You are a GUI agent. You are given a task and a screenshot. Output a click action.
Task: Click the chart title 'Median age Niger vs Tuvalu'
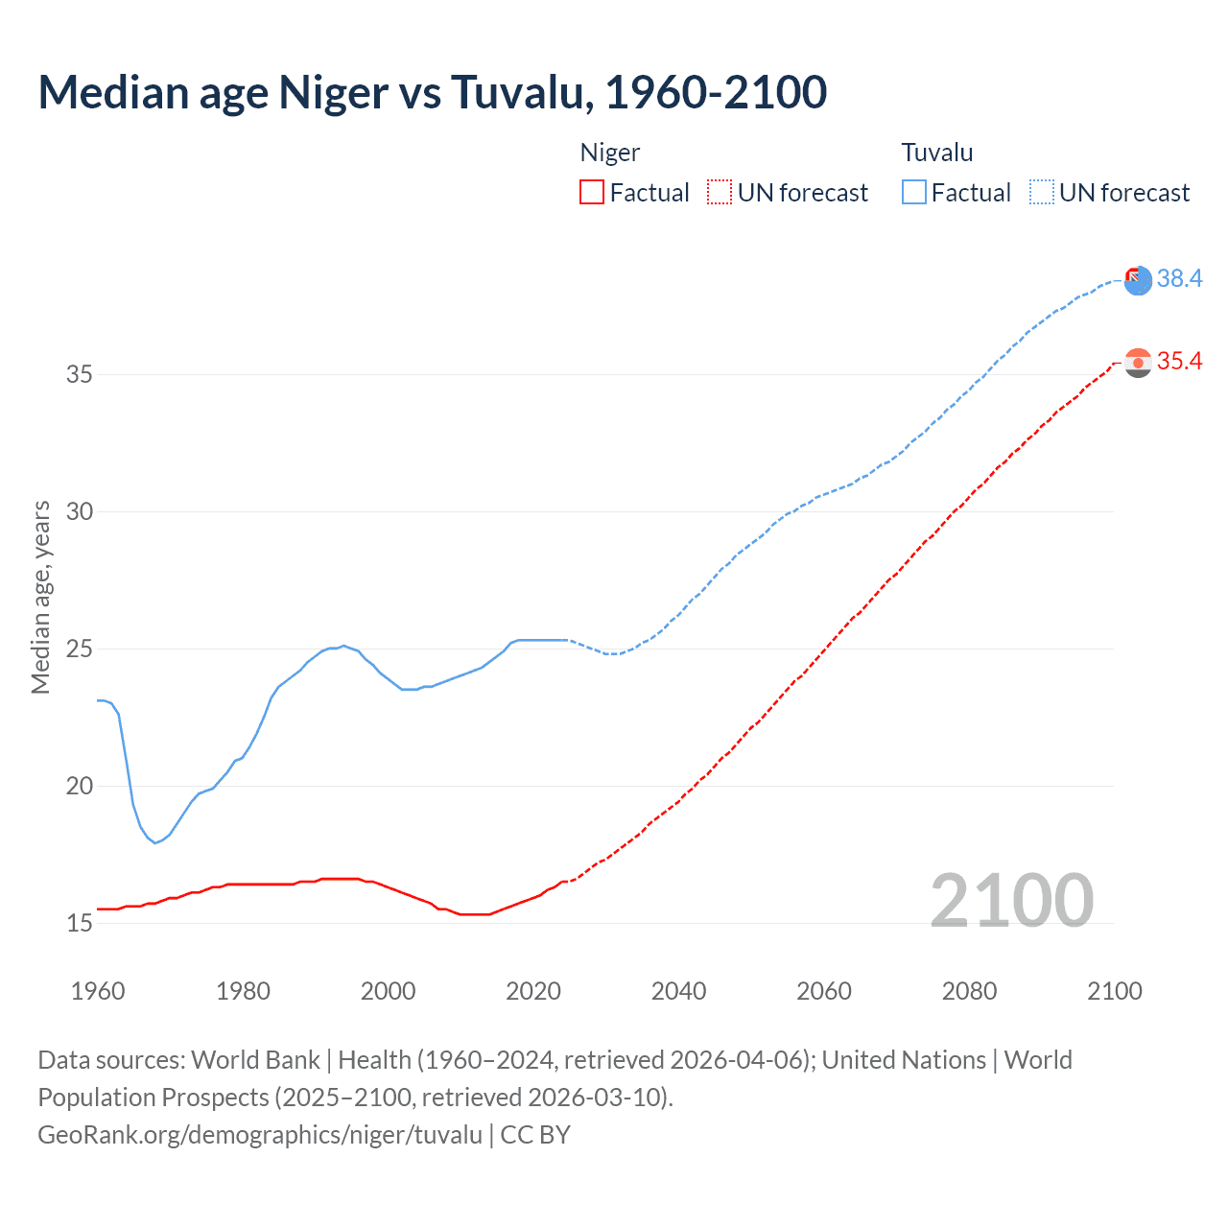coord(432,92)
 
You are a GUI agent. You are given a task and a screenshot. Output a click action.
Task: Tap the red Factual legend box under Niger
coord(592,193)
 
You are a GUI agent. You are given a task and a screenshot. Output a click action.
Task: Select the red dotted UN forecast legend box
coord(720,193)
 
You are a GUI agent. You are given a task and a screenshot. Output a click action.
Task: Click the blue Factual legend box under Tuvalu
coord(914,193)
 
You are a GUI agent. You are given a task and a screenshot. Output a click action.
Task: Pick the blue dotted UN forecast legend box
coord(1042,193)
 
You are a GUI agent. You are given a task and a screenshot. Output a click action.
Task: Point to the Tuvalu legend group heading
coord(937,153)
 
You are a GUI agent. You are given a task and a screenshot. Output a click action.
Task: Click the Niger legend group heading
coord(610,153)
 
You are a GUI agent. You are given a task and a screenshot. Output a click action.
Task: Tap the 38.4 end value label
coord(1179,278)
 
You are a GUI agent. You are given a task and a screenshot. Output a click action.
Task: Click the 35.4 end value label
coord(1179,362)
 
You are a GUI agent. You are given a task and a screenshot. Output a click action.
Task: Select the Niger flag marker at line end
coord(1138,363)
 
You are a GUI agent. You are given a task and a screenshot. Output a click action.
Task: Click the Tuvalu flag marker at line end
coord(1138,280)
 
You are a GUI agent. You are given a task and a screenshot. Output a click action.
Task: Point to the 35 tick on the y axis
coord(80,374)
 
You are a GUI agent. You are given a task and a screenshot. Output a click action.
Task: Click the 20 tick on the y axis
coord(80,786)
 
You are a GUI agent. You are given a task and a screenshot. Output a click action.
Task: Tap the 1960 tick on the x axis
coord(98,991)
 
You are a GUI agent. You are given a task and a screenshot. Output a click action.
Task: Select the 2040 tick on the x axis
coord(678,991)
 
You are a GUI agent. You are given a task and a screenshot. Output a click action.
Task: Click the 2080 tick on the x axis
coord(969,991)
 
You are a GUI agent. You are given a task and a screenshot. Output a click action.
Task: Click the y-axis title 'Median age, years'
coord(40,597)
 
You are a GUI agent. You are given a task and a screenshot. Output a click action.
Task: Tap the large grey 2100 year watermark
coord(1011,901)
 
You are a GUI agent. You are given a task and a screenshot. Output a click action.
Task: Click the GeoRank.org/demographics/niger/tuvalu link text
coord(260,1135)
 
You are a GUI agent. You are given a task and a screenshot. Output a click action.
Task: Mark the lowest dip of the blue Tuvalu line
coord(154,842)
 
